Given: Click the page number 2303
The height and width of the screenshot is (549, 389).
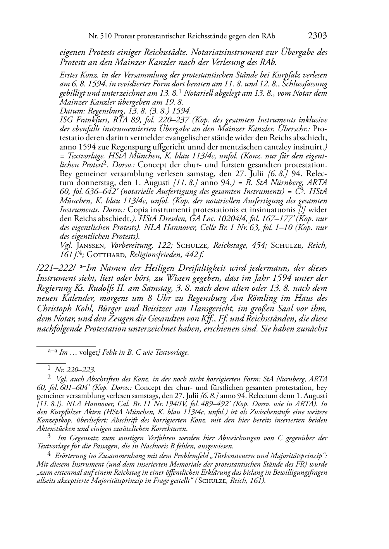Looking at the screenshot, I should point(317,36).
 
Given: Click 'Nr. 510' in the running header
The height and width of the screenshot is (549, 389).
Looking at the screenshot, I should point(98,36).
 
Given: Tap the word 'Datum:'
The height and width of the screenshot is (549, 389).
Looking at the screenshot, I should point(70,110).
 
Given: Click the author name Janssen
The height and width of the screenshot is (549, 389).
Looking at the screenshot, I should point(90,245).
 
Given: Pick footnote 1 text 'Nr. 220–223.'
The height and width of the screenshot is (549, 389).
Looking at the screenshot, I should point(76,370).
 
